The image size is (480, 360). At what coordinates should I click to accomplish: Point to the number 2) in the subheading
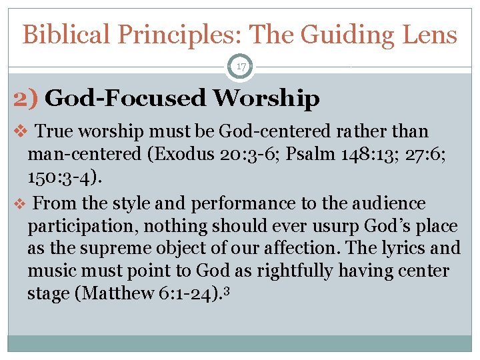[27, 99]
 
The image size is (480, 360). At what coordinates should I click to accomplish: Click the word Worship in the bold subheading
[266, 99]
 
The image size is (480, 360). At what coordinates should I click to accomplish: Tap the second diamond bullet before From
[20, 204]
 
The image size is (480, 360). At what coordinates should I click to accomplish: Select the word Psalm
[321, 155]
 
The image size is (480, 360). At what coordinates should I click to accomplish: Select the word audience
[395, 203]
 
